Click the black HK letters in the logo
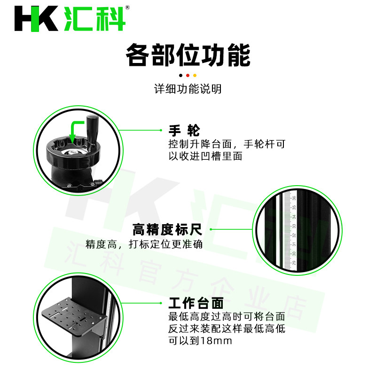(x=36, y=19)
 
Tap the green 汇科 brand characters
(x=95, y=19)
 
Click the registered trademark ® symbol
(x=127, y=8)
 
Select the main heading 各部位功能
(x=188, y=55)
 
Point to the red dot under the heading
(x=188, y=76)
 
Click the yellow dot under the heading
(x=195, y=76)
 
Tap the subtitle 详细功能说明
(x=188, y=89)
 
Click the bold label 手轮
(x=184, y=131)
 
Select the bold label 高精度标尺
(x=167, y=229)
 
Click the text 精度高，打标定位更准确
(x=144, y=244)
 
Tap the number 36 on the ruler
(x=294, y=198)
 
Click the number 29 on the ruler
(x=294, y=263)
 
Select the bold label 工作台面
(x=196, y=303)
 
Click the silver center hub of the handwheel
(x=72, y=152)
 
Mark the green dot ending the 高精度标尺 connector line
(x=211, y=229)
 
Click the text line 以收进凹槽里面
(x=205, y=156)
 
